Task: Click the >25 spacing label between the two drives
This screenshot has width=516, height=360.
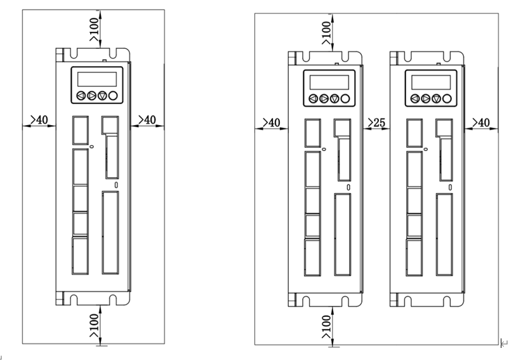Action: point(376,122)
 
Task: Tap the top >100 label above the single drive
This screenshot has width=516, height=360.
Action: point(93,29)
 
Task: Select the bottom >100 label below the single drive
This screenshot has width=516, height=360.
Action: point(93,324)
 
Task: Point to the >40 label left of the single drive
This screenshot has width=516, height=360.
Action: point(39,119)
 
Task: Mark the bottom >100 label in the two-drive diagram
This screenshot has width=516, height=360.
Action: point(326,328)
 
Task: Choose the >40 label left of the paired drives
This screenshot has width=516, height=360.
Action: point(271,122)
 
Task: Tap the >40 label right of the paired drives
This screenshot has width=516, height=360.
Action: point(480,122)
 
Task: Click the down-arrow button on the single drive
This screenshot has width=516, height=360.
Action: point(102,96)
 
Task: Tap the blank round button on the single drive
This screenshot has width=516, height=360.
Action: point(113,96)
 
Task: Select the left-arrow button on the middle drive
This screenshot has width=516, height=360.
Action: point(314,98)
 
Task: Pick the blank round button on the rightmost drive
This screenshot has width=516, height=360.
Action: point(449,98)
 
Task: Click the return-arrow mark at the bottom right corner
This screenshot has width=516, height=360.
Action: point(504,343)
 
